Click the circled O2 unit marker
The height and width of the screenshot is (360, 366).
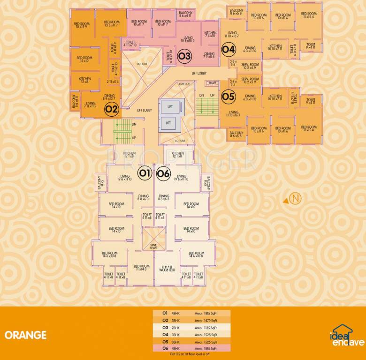(x=111, y=110)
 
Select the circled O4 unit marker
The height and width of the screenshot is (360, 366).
(x=228, y=48)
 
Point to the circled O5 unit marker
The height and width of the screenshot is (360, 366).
(x=228, y=97)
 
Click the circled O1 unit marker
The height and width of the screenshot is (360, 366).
(x=144, y=173)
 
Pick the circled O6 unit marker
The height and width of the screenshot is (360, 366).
(x=163, y=173)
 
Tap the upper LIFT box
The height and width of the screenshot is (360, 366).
(x=170, y=107)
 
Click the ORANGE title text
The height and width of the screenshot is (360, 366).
(x=25, y=335)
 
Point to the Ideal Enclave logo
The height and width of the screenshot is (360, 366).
(x=347, y=336)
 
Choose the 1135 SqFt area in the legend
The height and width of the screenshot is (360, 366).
(x=206, y=328)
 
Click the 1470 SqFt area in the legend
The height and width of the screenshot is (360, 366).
(x=206, y=320)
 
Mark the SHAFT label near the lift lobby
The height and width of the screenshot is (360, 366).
(x=212, y=82)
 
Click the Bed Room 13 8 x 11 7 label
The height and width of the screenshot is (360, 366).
(x=111, y=24)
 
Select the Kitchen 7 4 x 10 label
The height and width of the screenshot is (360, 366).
(x=210, y=34)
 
